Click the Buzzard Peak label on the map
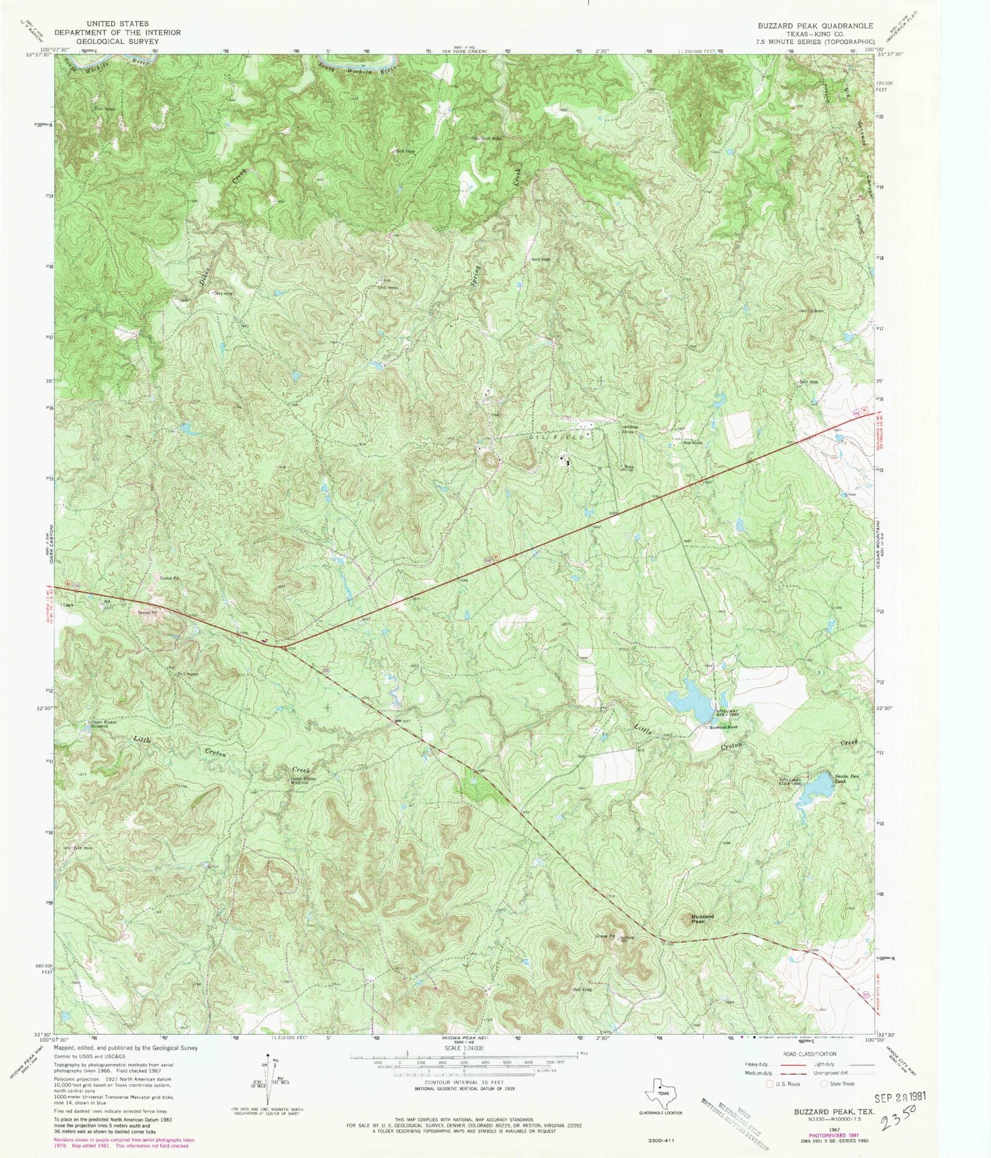point(702,919)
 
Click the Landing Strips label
point(629,428)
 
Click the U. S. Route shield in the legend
point(771,1084)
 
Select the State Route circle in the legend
point(824,1084)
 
